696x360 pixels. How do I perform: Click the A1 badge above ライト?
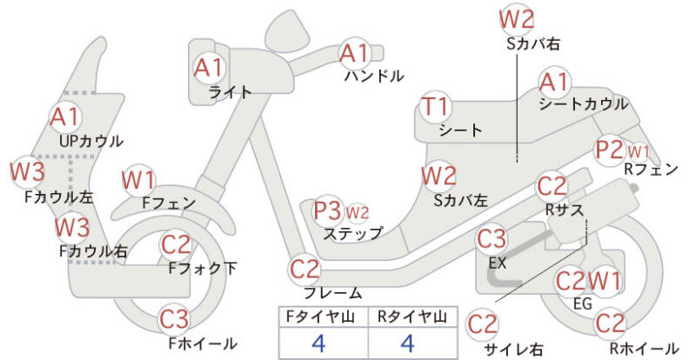coord(209,66)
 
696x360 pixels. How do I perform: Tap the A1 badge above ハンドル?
coord(354,54)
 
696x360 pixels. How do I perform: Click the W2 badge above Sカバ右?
coord(517,17)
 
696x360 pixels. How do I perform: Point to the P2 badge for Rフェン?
coord(610,150)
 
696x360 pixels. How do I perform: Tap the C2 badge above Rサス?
coord(552,186)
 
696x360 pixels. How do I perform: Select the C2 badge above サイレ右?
coord(483,323)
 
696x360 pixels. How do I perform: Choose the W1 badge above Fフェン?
coord(138,180)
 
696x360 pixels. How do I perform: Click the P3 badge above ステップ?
coord(328,210)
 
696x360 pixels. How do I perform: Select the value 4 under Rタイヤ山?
coord(406,342)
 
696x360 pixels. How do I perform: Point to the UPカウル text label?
coord(91,141)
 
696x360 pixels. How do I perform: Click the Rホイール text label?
coord(643,349)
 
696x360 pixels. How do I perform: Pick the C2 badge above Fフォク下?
coord(177,245)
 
